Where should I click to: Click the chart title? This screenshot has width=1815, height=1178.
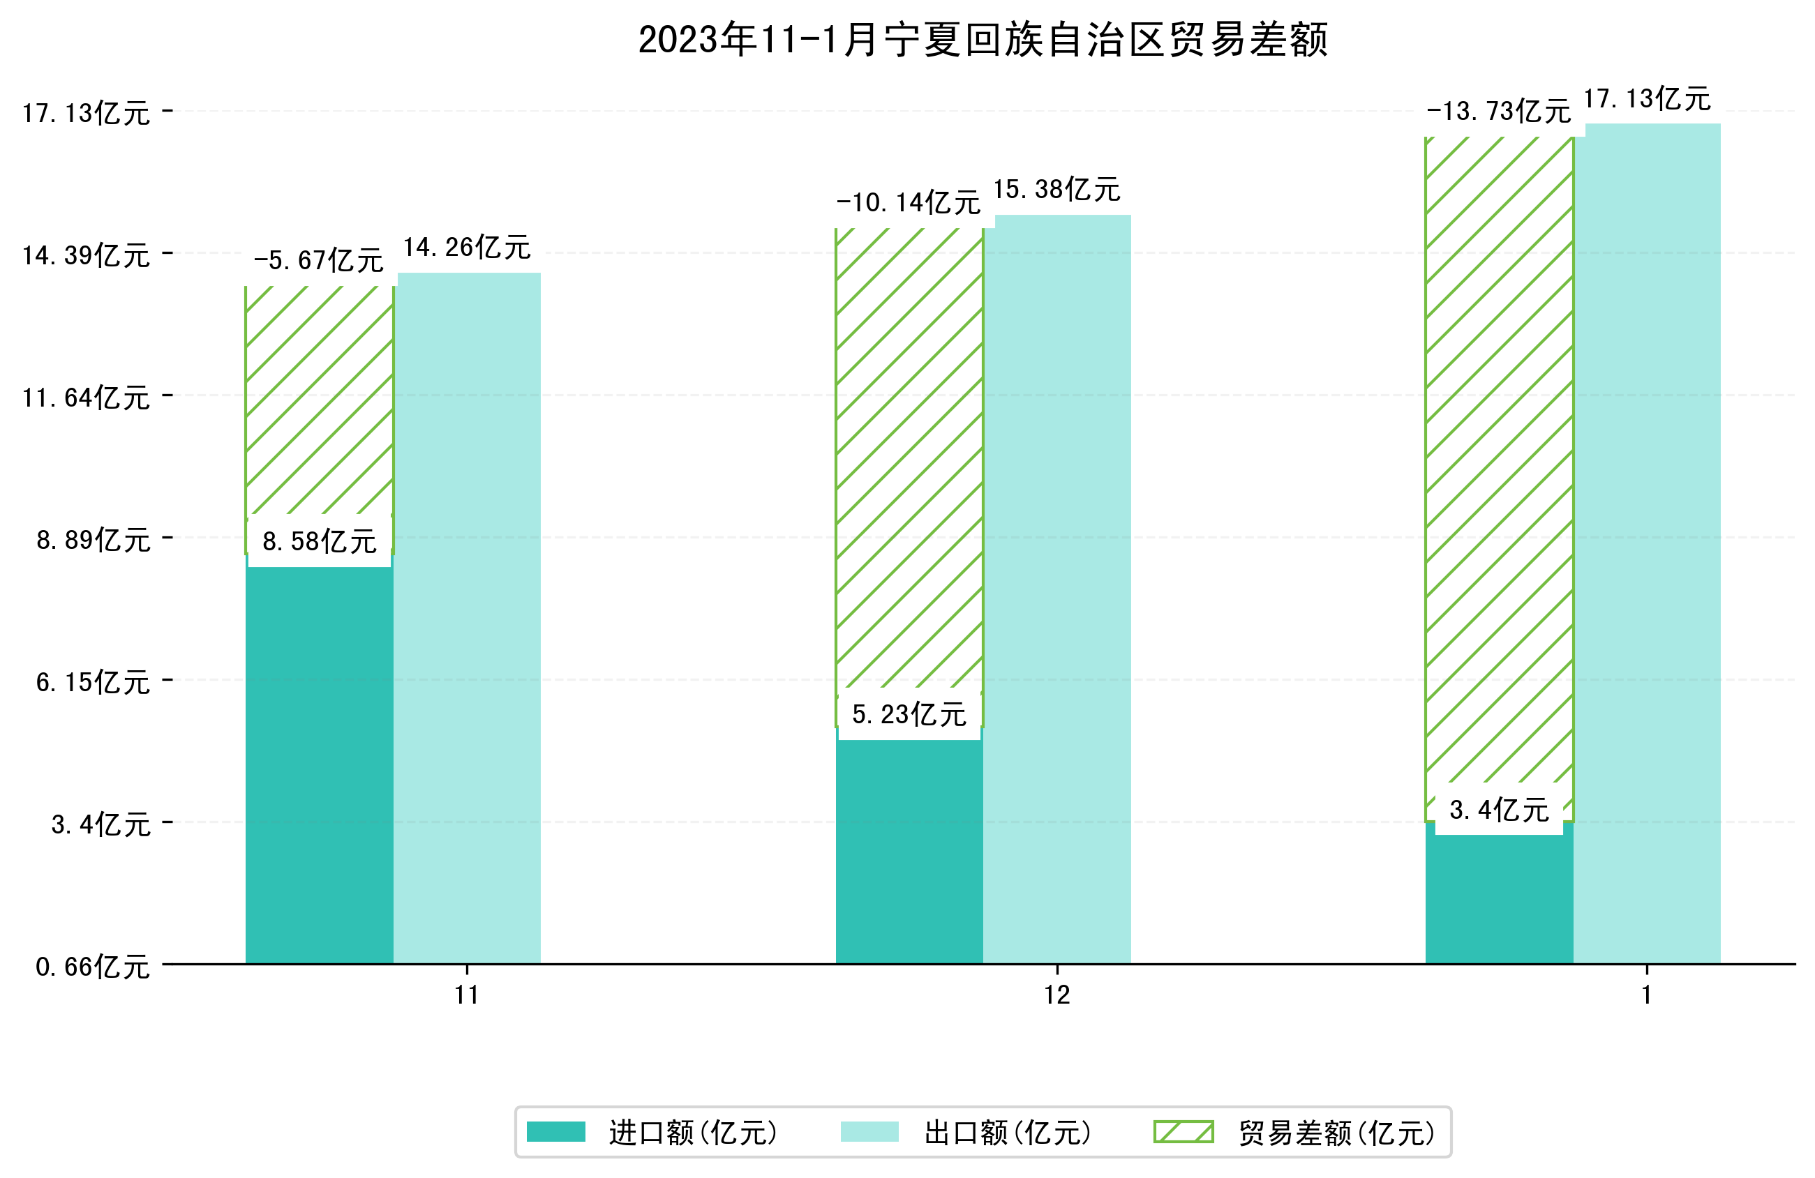click(983, 40)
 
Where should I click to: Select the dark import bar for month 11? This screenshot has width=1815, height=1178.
click(319, 762)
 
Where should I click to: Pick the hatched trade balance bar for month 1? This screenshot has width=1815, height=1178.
click(1498, 458)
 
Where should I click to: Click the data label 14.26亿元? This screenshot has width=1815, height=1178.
click(467, 247)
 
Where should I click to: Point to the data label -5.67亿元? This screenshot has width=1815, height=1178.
click(318, 261)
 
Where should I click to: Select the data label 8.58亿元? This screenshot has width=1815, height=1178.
click(319, 541)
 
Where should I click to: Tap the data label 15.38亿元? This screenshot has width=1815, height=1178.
click(1056, 189)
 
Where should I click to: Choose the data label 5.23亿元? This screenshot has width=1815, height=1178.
click(909, 714)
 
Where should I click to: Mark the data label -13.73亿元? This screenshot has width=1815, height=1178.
click(1497, 112)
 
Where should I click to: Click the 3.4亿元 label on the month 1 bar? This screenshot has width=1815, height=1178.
click(1498, 810)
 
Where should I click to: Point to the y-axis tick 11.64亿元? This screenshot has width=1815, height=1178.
click(85, 398)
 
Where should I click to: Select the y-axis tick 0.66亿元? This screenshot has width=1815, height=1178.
click(92, 967)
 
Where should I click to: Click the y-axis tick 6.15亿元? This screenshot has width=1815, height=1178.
click(92, 681)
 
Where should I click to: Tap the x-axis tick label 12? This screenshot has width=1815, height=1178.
click(1057, 995)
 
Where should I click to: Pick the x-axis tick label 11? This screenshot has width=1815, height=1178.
click(467, 995)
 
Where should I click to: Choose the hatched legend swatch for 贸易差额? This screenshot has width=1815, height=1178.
click(1183, 1131)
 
